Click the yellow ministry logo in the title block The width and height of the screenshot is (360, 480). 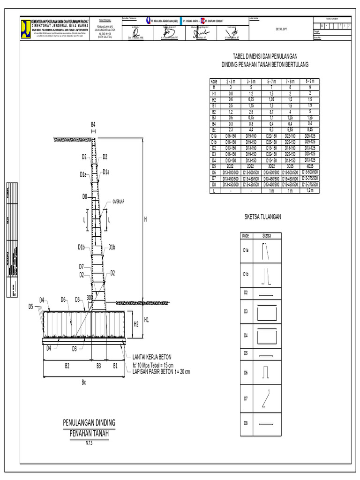25,24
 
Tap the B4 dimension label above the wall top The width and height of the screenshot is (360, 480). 93,124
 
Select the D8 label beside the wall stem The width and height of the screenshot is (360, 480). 85,196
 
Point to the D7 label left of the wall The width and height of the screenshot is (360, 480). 82,267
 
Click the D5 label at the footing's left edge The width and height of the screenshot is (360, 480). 31,307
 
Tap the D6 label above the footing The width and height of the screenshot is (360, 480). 63,300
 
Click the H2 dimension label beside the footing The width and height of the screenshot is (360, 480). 136,324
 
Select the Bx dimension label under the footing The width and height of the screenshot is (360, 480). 84,382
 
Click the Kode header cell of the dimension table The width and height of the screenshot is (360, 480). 214,81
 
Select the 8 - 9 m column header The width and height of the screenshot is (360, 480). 309,81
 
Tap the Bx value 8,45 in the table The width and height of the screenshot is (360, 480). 309,129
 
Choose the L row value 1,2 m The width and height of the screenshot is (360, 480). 309,191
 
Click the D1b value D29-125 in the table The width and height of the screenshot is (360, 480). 309,142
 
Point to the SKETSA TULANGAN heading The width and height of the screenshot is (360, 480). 262,217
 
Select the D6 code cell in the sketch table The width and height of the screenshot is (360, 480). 245,372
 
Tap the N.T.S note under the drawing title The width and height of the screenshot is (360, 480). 89,442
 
